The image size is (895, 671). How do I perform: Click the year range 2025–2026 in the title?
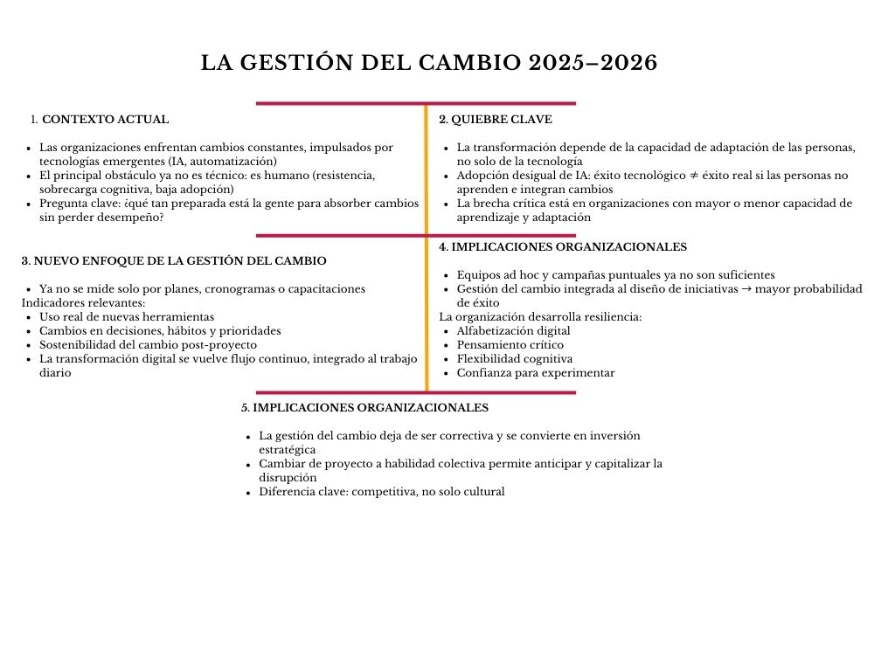point(593,64)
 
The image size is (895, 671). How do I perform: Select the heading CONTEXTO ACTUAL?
point(106,120)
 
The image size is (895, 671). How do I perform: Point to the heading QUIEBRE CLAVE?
point(502,120)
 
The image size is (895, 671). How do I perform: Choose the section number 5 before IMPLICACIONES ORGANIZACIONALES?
point(245,408)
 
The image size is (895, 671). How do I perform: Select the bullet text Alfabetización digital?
point(513,331)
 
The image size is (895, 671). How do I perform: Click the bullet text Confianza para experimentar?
point(536,373)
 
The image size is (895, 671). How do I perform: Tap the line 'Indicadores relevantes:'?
point(84,303)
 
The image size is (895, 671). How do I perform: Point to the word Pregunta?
point(64,204)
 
